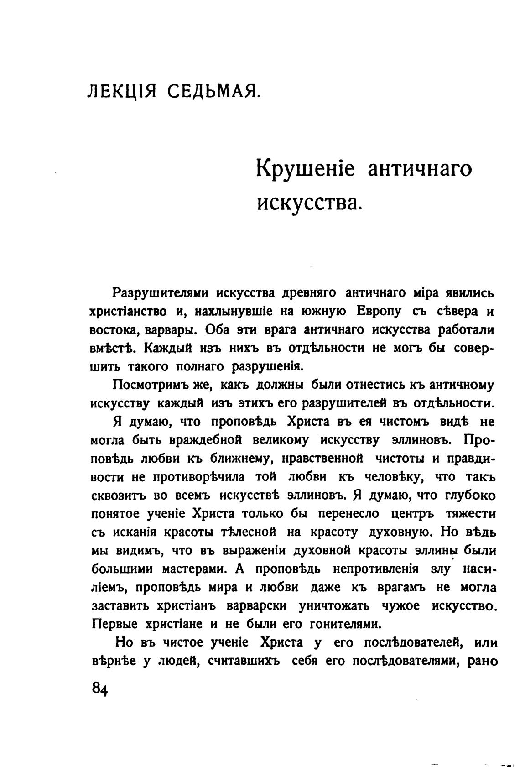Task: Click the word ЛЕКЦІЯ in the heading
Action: pyautogui.click(x=122, y=92)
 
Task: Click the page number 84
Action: pyautogui.click(x=99, y=688)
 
